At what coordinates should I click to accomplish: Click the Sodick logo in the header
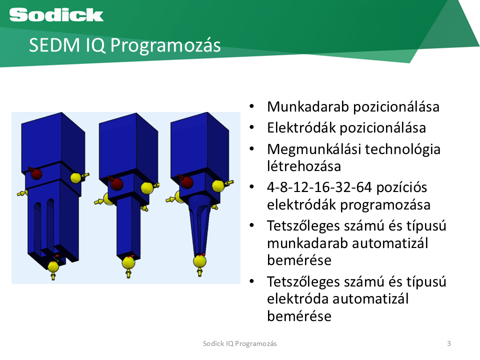coord(56,14)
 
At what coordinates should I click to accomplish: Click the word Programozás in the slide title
coord(165,45)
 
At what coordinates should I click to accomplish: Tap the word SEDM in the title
coord(54,45)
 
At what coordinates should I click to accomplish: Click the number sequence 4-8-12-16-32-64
coord(319,187)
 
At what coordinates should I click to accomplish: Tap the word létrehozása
coord(303,166)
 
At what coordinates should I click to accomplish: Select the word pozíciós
coord(401,187)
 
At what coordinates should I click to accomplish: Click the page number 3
coord(449,343)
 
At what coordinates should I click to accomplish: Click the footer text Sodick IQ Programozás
coord(239,344)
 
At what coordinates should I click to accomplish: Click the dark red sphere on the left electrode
coord(36,174)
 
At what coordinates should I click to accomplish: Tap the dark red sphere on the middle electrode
coord(116,183)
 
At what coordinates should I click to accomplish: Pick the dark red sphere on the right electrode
coord(186,182)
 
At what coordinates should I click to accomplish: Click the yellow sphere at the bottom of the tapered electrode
coord(199,261)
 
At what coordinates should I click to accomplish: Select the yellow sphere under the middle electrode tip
coord(128,262)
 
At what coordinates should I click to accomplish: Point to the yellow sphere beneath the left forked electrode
coord(53,266)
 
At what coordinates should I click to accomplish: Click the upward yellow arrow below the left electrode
coord(53,276)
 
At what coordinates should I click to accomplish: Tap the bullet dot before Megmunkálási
coord(252,149)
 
